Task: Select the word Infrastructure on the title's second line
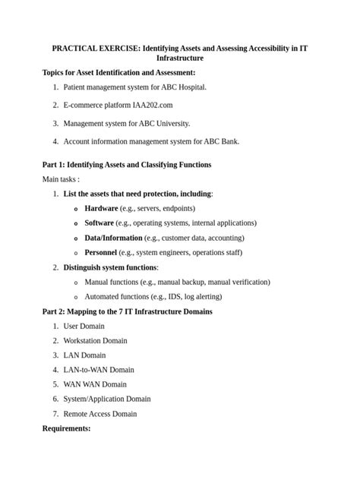click(180, 58)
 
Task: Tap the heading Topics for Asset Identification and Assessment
click(119, 73)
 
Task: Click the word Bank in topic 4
click(228, 141)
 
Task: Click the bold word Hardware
click(101, 208)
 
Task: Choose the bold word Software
click(99, 223)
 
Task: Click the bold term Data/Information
click(113, 238)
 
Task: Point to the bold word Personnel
click(100, 252)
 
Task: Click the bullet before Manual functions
click(75, 283)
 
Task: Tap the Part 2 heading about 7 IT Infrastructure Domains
click(128, 312)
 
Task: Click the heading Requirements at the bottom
click(67, 429)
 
